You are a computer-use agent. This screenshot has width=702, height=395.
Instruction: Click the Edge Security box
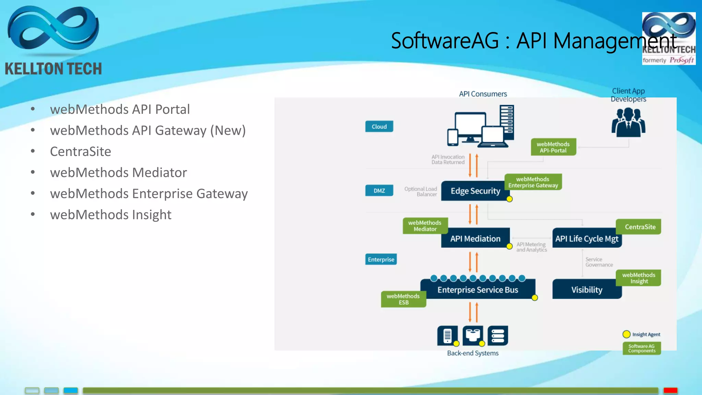[475, 191]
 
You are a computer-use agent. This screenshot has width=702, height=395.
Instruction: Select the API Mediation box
[475, 239]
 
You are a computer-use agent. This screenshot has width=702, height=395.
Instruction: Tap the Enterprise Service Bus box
[477, 290]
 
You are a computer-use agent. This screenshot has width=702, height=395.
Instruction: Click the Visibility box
[586, 290]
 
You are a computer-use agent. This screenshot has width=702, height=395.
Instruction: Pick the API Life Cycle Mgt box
[586, 239]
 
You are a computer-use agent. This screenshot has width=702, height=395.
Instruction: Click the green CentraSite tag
[640, 227]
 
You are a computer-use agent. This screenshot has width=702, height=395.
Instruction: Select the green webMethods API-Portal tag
[553, 147]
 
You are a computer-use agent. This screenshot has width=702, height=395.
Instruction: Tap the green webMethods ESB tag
[403, 299]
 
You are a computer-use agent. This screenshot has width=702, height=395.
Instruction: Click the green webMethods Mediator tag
[425, 226]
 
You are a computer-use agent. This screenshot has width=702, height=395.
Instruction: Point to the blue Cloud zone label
[379, 127]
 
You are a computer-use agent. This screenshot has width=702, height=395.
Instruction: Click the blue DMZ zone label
[379, 191]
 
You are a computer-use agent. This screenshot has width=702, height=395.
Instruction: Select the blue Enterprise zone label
[381, 260]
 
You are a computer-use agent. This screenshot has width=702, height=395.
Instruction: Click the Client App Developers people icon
[628, 122]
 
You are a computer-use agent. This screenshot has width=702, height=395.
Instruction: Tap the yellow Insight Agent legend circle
[626, 334]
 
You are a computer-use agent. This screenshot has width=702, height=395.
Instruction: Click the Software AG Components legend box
[642, 348]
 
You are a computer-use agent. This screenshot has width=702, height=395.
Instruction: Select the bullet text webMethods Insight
[110, 215]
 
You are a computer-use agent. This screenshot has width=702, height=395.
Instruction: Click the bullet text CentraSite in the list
[81, 152]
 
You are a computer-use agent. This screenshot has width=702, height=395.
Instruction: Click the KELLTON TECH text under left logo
[53, 69]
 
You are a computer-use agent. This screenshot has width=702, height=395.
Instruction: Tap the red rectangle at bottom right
[670, 391]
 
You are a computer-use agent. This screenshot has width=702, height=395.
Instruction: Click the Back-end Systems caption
[473, 353]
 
